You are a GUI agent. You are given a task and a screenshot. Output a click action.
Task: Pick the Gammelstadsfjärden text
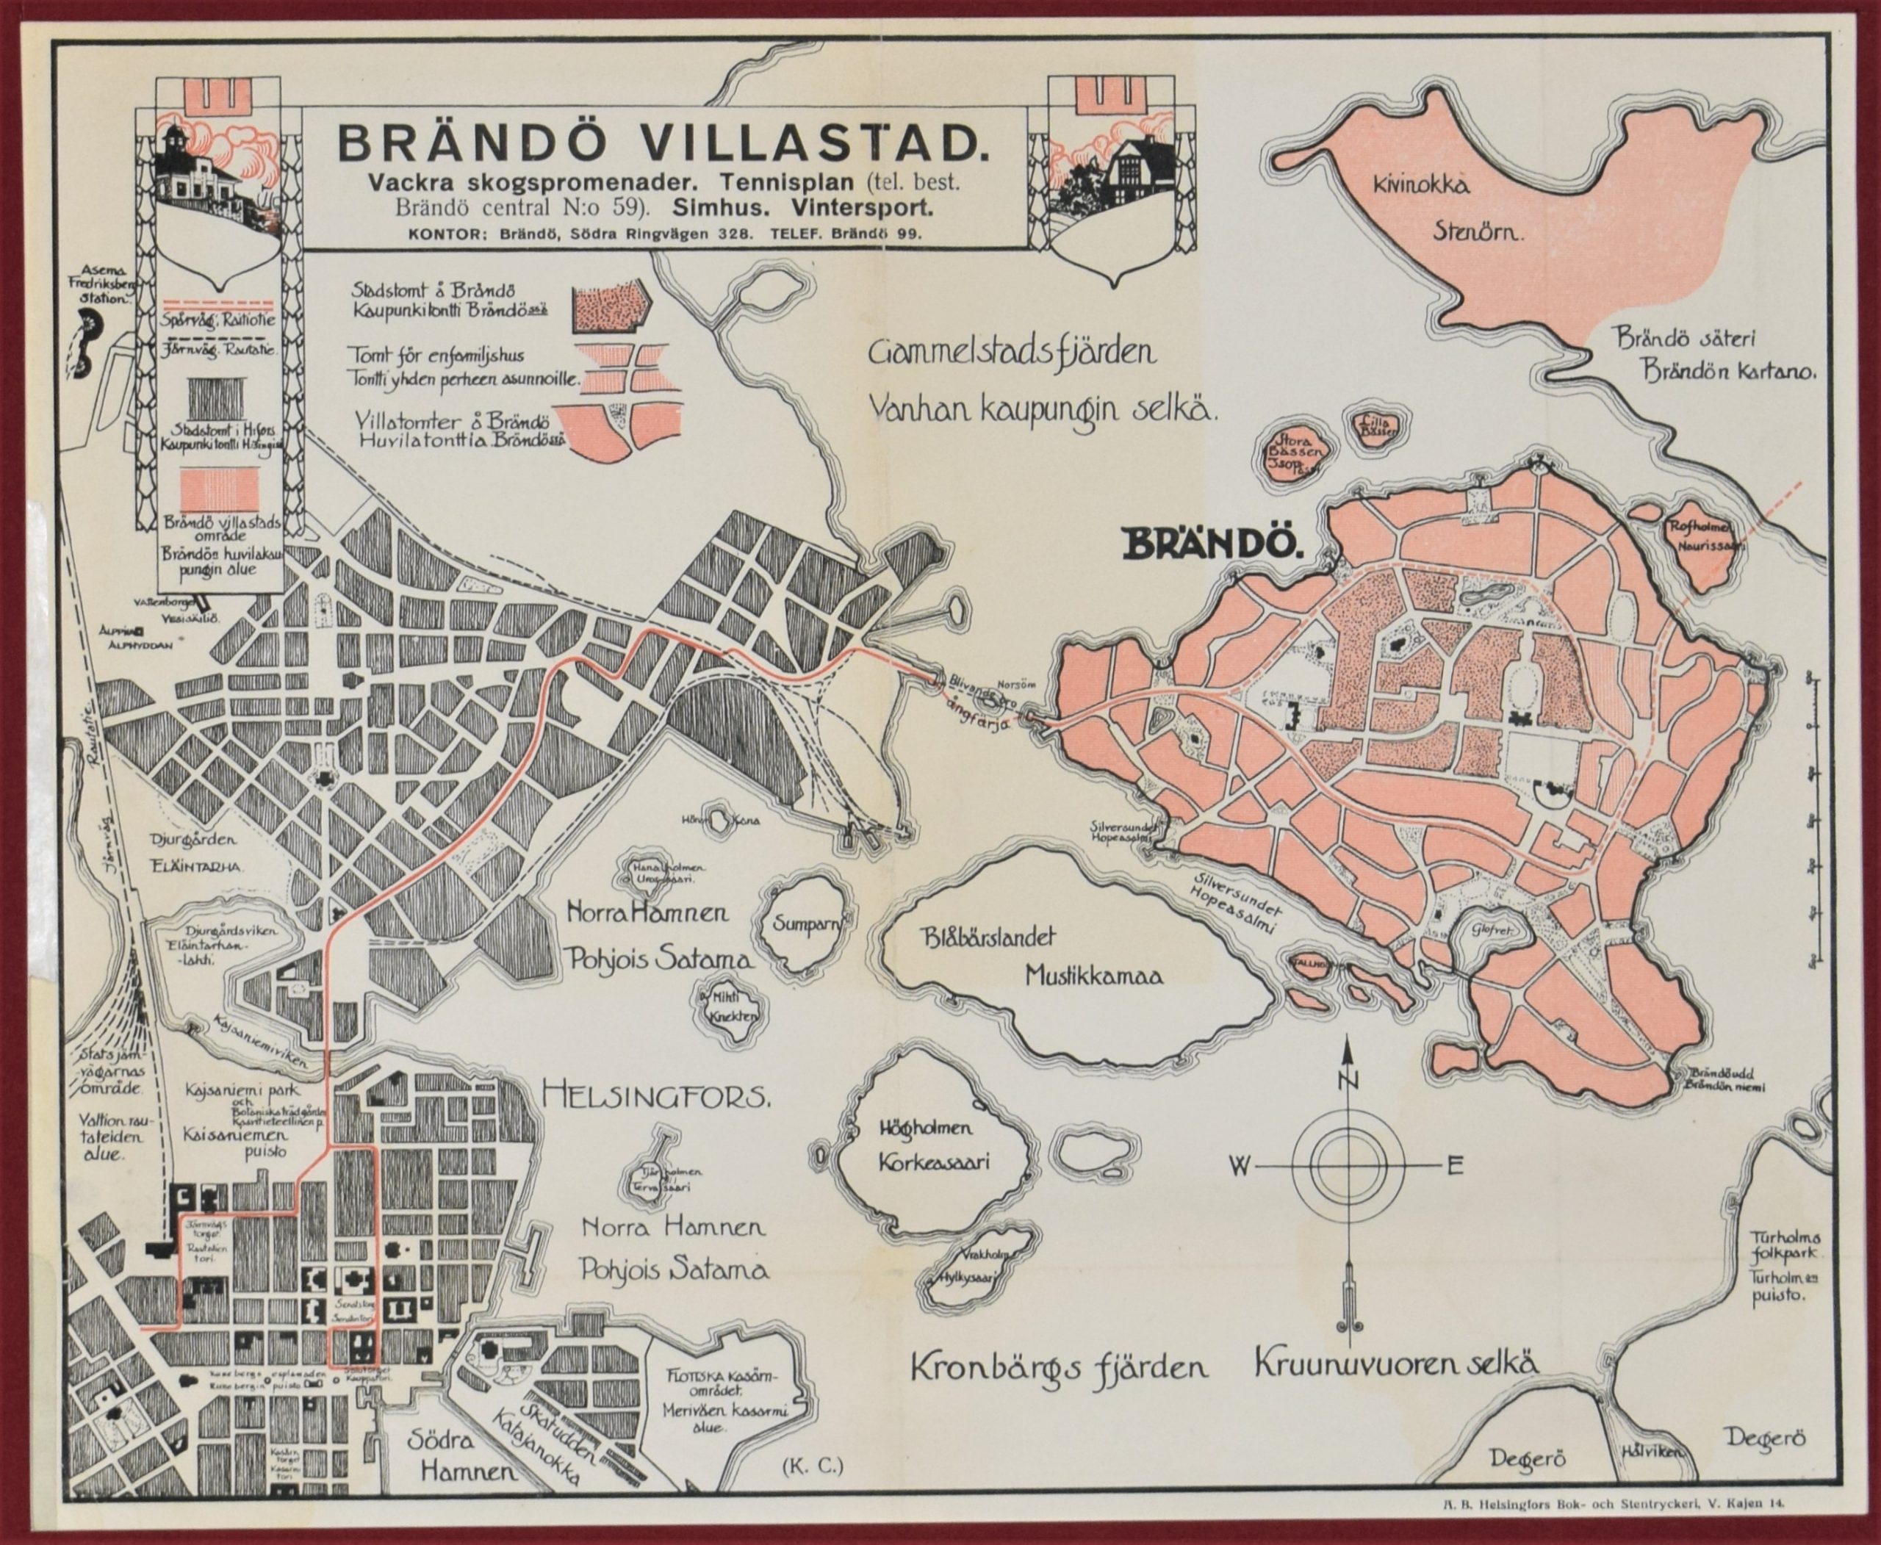[x=1014, y=354]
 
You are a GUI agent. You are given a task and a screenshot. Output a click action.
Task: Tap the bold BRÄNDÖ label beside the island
[x=1215, y=542]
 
